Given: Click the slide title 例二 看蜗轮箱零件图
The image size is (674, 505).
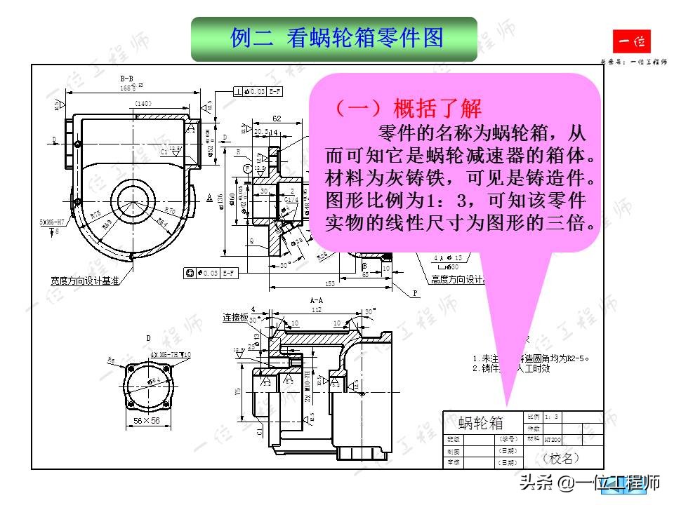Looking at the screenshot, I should [336, 39].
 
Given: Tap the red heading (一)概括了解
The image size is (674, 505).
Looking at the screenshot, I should [407, 109].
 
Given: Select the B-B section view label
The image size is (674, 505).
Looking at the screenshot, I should [126, 79].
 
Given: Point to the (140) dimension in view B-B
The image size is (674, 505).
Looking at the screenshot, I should [143, 104].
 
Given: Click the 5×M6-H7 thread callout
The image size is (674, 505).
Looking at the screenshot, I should [52, 222].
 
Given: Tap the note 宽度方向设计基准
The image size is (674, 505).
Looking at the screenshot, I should [84, 280].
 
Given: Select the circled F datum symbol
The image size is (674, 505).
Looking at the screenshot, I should [246, 168].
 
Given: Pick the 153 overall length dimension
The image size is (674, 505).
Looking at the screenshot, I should [329, 284].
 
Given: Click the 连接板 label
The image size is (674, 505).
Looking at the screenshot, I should [235, 318].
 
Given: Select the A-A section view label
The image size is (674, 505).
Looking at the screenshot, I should [316, 299].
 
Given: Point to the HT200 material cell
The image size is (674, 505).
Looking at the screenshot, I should [553, 439].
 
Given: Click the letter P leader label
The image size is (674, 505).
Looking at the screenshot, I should [415, 293].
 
